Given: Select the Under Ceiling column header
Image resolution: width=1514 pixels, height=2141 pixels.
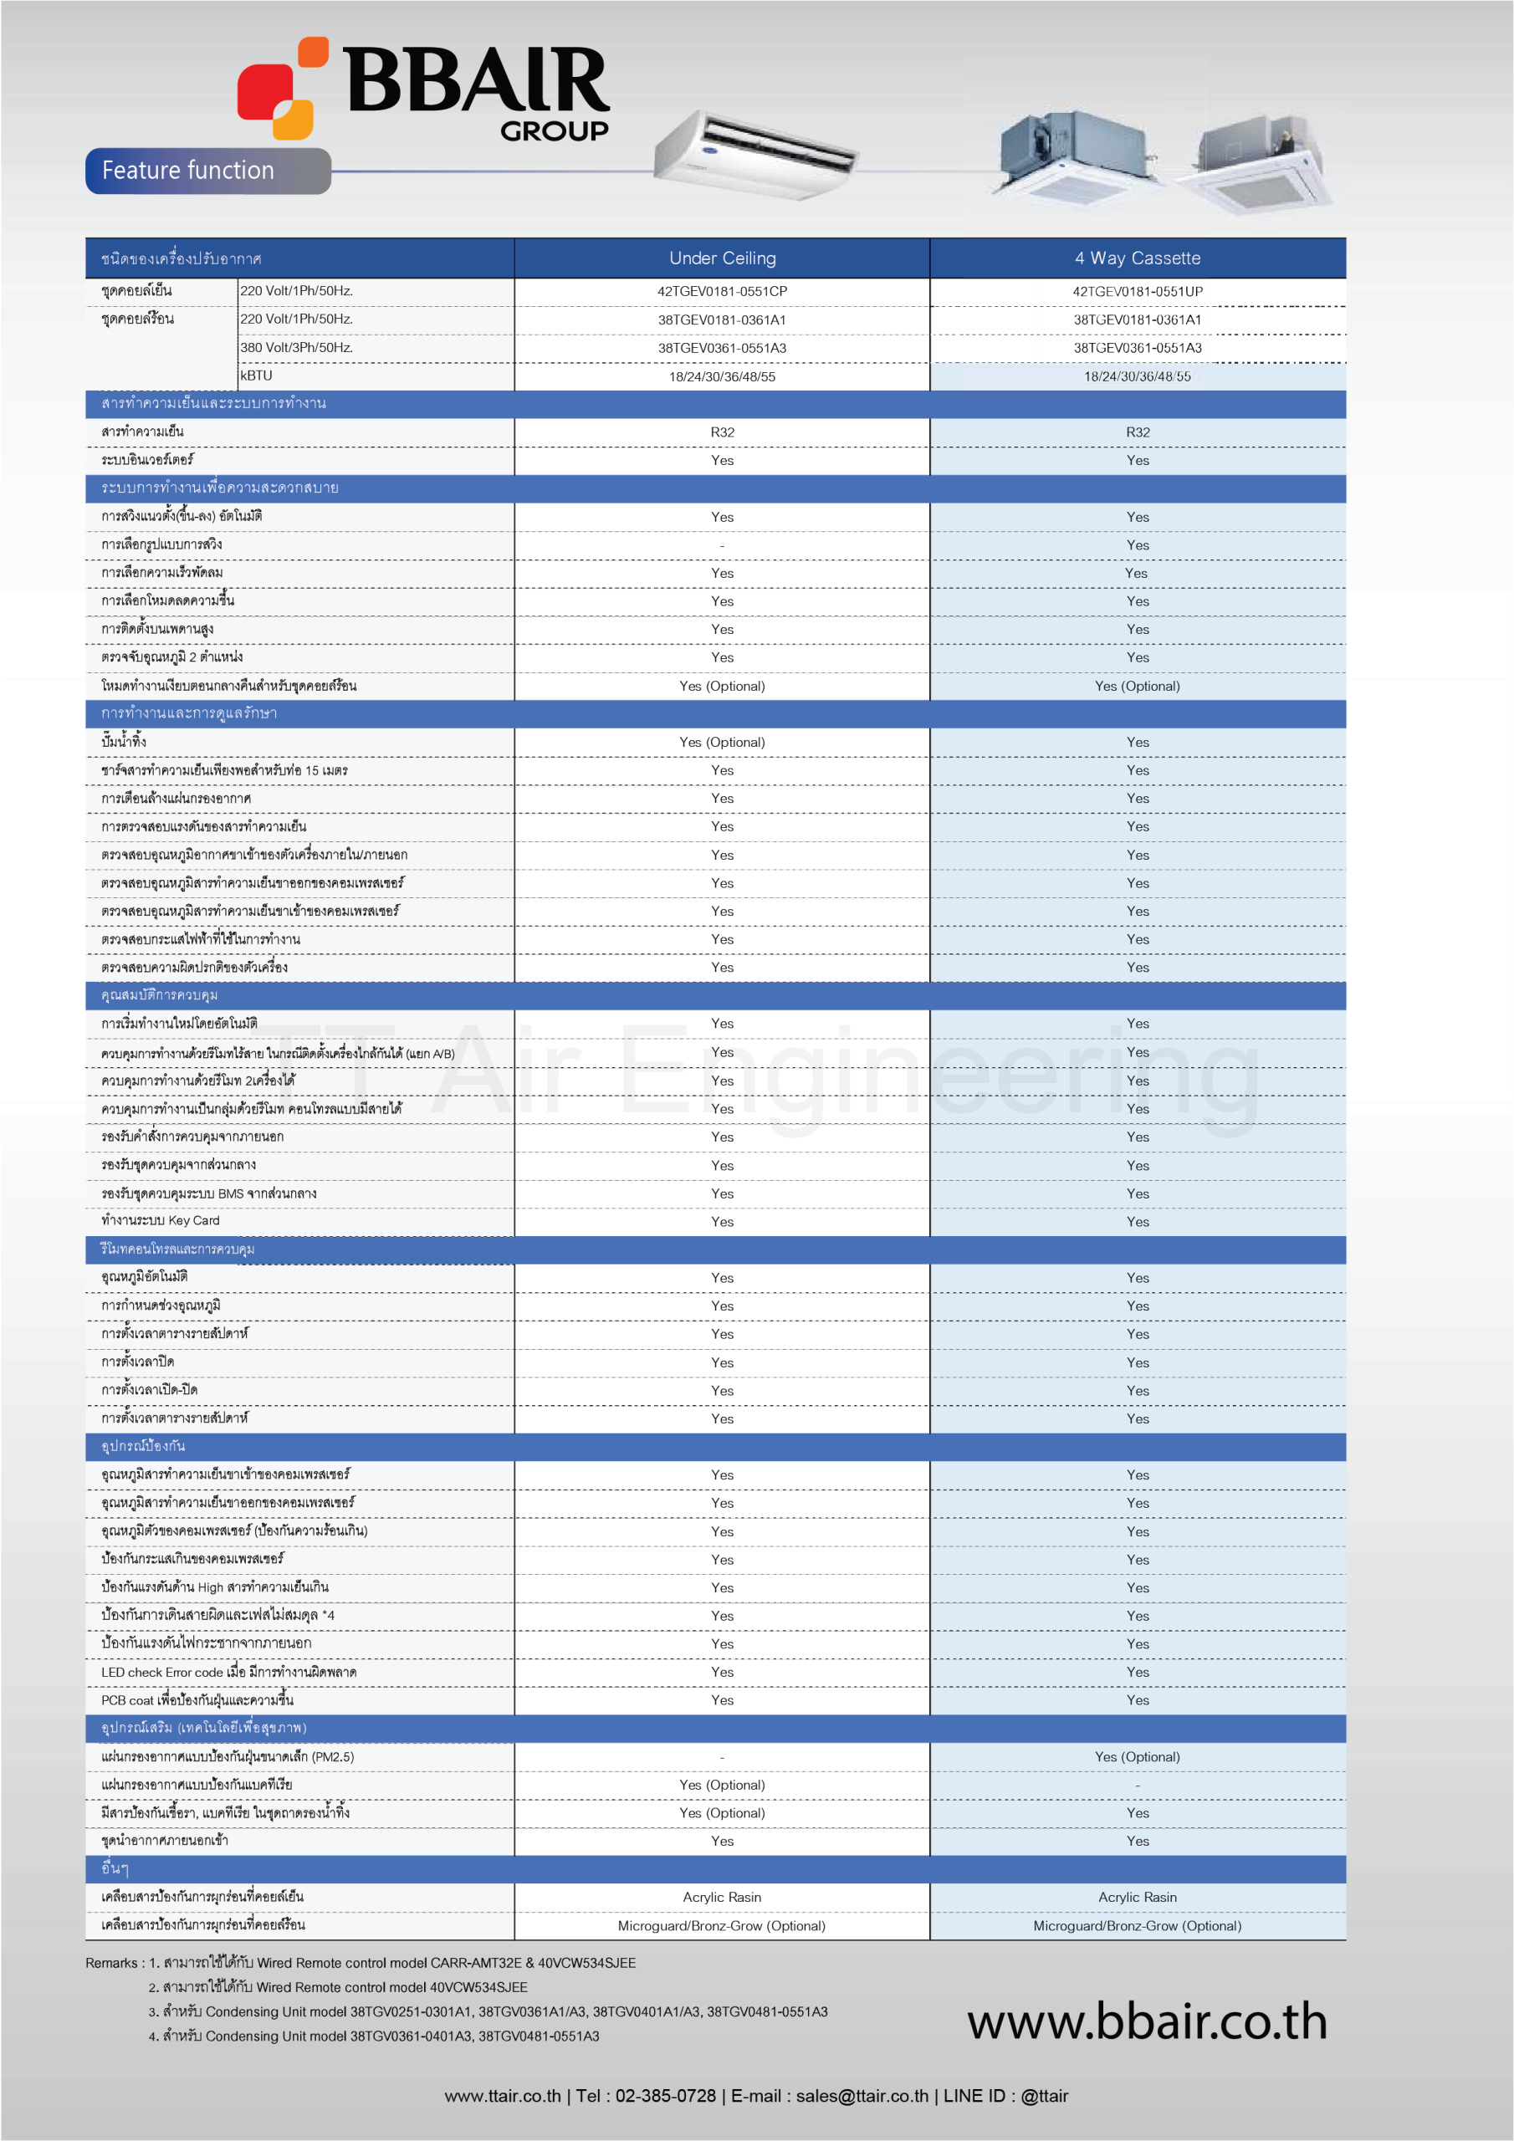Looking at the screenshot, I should click(x=722, y=258).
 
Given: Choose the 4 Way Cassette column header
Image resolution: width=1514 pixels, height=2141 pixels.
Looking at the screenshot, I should click(x=1137, y=258).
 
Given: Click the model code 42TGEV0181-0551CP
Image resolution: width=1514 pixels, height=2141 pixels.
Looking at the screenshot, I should click(x=722, y=292).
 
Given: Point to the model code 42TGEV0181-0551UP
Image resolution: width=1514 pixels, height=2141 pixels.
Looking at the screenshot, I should click(x=1137, y=292).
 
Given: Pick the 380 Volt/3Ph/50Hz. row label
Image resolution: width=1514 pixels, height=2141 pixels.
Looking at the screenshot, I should click(x=297, y=348).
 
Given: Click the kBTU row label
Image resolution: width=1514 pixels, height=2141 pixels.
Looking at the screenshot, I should click(x=257, y=376).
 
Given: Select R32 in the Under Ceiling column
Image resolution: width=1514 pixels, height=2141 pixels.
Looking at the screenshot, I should click(x=722, y=432).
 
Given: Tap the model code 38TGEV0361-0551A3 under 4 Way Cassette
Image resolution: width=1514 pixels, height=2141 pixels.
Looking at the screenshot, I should click(x=1137, y=348).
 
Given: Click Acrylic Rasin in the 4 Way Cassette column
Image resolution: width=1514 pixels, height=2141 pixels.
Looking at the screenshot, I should click(x=1137, y=1898).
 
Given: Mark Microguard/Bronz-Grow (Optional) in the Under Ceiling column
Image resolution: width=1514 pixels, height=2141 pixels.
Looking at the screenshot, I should click(x=721, y=1925).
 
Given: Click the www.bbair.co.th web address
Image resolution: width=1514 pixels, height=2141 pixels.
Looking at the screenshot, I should click(x=1147, y=2021).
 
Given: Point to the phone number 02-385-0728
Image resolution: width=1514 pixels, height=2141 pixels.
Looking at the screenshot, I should click(x=665, y=2096).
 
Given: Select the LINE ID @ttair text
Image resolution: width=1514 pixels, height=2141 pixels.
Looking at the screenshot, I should click(x=1044, y=2096).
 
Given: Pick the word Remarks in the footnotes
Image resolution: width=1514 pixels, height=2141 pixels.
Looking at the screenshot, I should click(x=111, y=1963).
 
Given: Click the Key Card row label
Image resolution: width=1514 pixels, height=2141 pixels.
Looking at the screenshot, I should click(x=161, y=1221).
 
